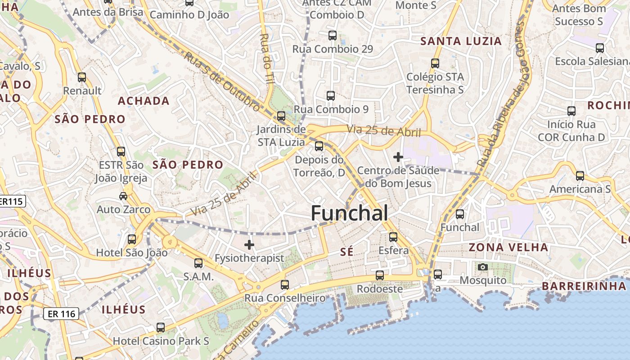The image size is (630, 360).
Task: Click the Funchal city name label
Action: (x=349, y=213)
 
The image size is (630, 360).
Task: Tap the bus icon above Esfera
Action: (x=393, y=237)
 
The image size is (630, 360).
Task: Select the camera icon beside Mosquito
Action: (x=483, y=267)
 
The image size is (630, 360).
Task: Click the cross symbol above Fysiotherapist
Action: (x=249, y=245)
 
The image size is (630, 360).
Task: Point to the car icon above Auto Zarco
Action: (x=123, y=196)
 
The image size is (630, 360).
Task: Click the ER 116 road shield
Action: (x=61, y=314)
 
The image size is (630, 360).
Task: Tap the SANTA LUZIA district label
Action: (x=461, y=41)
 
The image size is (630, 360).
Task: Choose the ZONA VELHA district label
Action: (x=508, y=247)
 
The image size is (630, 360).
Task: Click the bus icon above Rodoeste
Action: (x=380, y=275)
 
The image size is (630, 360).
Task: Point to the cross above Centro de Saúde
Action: (x=398, y=157)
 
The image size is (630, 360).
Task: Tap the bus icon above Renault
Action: (x=82, y=77)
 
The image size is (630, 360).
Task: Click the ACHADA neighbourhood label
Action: (x=144, y=101)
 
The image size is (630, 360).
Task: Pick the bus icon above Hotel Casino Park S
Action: (x=161, y=327)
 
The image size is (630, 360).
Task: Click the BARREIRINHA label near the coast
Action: (x=584, y=286)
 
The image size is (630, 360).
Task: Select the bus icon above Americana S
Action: (x=580, y=175)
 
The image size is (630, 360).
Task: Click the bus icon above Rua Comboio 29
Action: (x=333, y=35)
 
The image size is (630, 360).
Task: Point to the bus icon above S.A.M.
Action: (x=198, y=263)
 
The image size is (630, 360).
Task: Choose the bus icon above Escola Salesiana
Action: (x=599, y=48)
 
